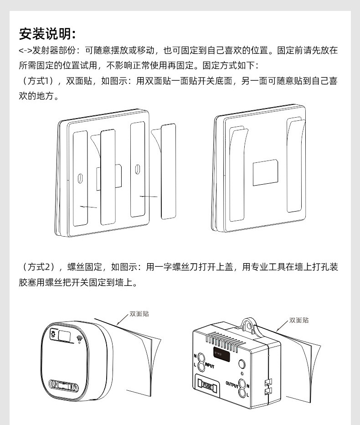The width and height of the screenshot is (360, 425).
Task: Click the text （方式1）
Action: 40,81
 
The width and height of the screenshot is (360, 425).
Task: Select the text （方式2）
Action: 40,267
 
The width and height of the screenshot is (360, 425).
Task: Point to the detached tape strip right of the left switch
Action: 168,171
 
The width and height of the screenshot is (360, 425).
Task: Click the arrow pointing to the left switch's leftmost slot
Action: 89,207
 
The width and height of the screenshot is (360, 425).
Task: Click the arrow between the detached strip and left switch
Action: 149,197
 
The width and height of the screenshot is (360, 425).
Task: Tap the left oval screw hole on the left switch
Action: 80,178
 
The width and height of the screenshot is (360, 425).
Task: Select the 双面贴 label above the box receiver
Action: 298,320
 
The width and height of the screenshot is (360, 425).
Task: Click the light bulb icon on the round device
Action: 53,335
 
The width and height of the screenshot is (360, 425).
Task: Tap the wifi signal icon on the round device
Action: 80,339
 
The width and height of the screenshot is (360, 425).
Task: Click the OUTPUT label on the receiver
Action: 233,384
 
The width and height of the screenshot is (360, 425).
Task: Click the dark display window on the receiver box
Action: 221,352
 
